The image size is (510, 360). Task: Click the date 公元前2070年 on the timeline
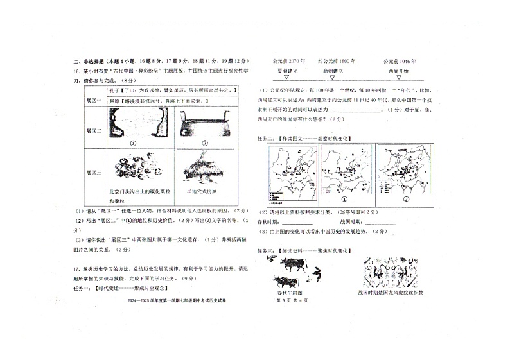pyautogui.click(x=286, y=60)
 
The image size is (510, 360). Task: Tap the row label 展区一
pyautogui.click(x=94, y=101)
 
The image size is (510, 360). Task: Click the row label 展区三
pyautogui.click(x=94, y=173)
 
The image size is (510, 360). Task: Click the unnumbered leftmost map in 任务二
pyautogui.click(x=292, y=170)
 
